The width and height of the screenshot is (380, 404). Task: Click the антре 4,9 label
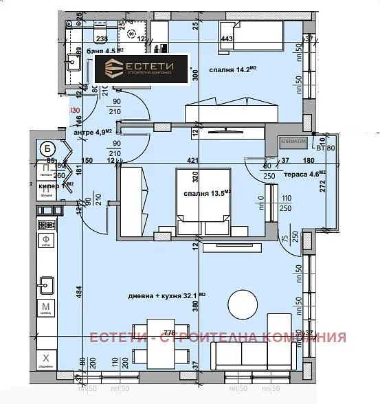coord(92,133)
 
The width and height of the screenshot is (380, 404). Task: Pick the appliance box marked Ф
coord(45,242)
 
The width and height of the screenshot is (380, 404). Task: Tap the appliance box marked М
coord(45,307)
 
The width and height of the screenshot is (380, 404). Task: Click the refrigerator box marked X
coord(45,359)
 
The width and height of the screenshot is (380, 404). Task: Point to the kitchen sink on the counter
coord(47,282)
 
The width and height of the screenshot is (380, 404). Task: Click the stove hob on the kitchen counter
coord(46,225)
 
